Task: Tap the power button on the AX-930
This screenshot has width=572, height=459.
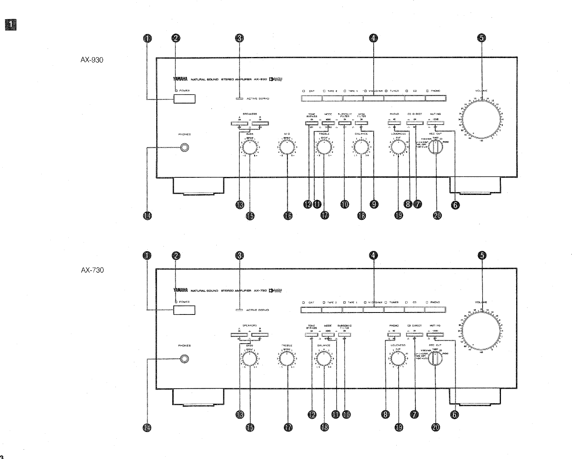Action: click(185, 98)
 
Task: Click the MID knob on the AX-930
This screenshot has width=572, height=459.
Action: click(287, 148)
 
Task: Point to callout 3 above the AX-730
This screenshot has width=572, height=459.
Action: click(240, 255)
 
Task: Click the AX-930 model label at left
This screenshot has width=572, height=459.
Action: click(92, 61)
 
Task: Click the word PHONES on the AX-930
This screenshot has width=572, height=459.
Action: click(184, 134)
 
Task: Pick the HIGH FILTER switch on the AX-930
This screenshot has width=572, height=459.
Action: click(362, 123)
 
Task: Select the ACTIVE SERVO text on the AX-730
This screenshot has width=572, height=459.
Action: click(257, 310)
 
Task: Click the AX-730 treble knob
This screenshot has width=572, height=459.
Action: click(287, 359)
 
